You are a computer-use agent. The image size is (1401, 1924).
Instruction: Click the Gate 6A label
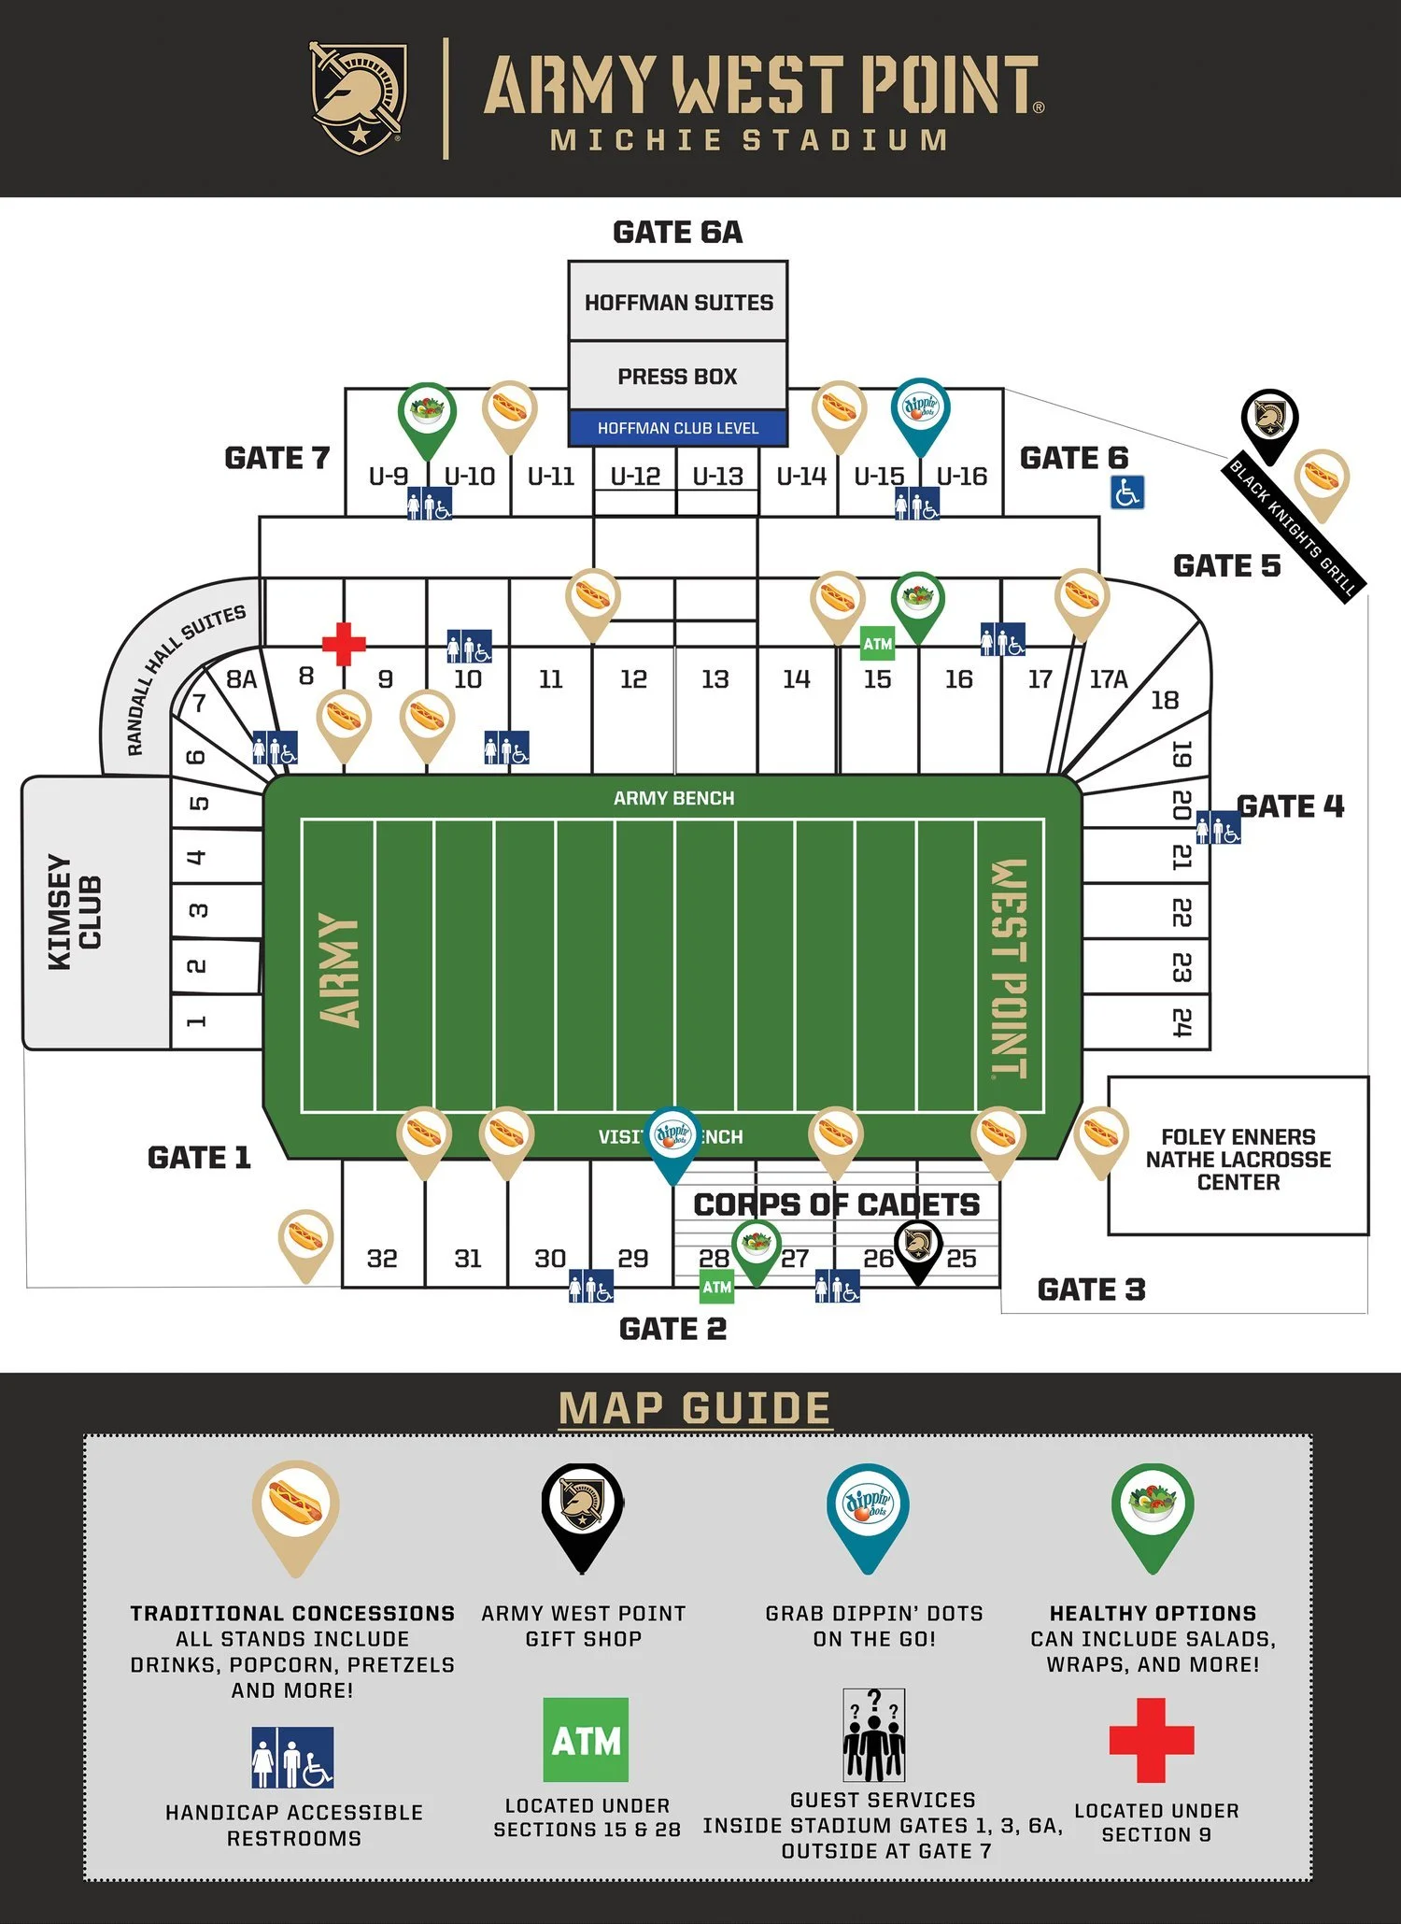[677, 232]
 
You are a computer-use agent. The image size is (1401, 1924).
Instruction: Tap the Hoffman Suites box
[678, 302]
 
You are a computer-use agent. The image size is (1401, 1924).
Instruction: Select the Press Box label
[677, 376]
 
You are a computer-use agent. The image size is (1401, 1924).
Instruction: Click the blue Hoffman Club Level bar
[678, 428]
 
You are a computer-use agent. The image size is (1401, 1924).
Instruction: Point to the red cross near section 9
[344, 643]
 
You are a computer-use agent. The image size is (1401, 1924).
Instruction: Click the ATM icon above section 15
[877, 643]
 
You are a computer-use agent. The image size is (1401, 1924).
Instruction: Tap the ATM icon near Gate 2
[716, 1287]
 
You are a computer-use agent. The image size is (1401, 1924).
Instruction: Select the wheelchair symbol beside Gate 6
[1126, 492]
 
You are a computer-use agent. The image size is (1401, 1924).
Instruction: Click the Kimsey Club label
[75, 912]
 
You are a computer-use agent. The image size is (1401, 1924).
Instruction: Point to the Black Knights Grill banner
[1294, 528]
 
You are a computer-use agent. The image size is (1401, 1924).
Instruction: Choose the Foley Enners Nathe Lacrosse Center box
[1238, 1159]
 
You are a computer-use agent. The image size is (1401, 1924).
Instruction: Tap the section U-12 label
[635, 477]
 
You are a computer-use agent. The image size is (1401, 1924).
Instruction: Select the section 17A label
[1108, 679]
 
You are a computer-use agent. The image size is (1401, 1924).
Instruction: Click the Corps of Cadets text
[836, 1204]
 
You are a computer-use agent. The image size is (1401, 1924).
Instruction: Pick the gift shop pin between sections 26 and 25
[918, 1247]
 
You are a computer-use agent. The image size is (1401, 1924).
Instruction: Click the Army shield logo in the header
[358, 97]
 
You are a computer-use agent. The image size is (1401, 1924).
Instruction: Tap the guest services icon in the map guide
[873, 1735]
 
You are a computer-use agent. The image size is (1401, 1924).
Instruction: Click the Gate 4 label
[1290, 805]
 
